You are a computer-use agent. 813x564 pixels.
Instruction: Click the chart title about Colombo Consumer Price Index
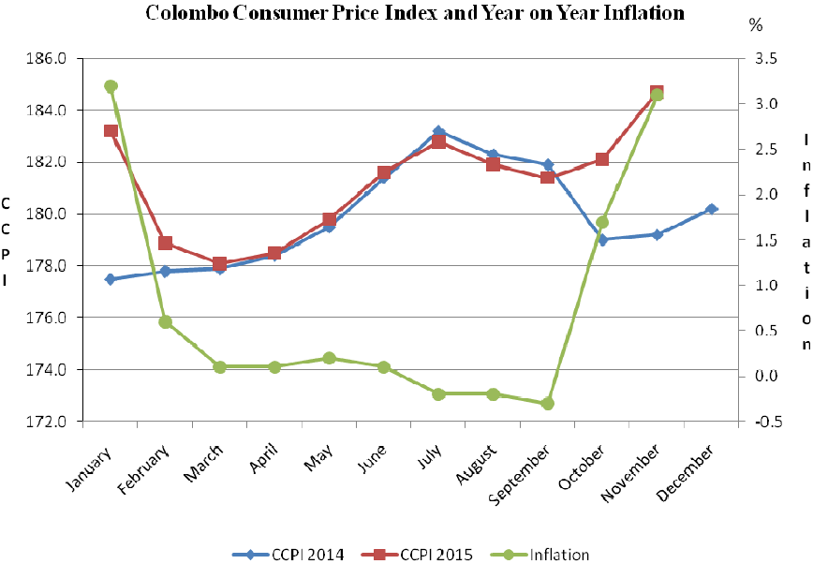414,13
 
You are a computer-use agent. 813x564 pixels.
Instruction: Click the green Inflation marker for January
111,86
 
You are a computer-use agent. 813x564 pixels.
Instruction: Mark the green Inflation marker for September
548,404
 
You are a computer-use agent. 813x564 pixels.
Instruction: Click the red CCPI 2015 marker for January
111,131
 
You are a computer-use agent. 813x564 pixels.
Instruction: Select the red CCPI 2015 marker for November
657,92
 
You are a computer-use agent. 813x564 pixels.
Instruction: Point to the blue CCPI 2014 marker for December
712,209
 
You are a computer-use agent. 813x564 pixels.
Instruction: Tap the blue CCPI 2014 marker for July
438,131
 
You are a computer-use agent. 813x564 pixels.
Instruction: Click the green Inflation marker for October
602,222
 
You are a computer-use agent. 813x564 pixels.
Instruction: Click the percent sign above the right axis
756,26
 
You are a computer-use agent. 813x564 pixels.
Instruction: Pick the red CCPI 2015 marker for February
165,244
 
